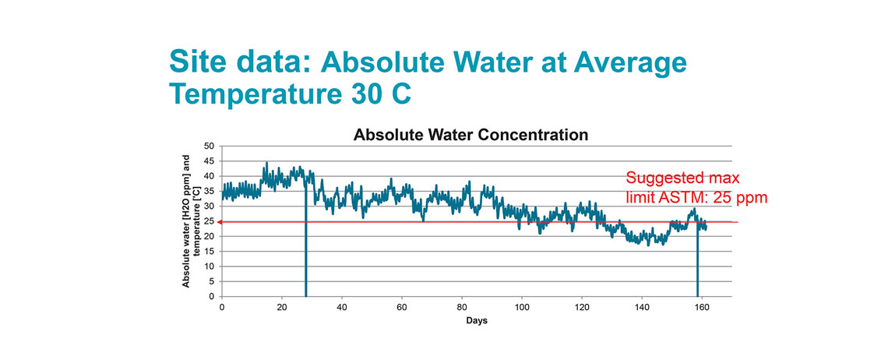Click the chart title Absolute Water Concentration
coord(470,135)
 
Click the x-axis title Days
coord(477,320)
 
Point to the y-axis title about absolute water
coord(192,221)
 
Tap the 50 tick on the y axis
coord(208,146)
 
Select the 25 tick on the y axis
coord(208,222)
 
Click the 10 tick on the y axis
coord(208,266)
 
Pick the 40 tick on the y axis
coord(208,177)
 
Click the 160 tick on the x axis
coord(702,306)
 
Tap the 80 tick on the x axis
coord(462,306)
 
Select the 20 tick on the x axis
coord(282,306)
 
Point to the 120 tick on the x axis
coord(582,306)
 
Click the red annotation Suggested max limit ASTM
coord(696,188)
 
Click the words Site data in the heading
coord(233,62)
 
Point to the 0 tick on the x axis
coord(222,306)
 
